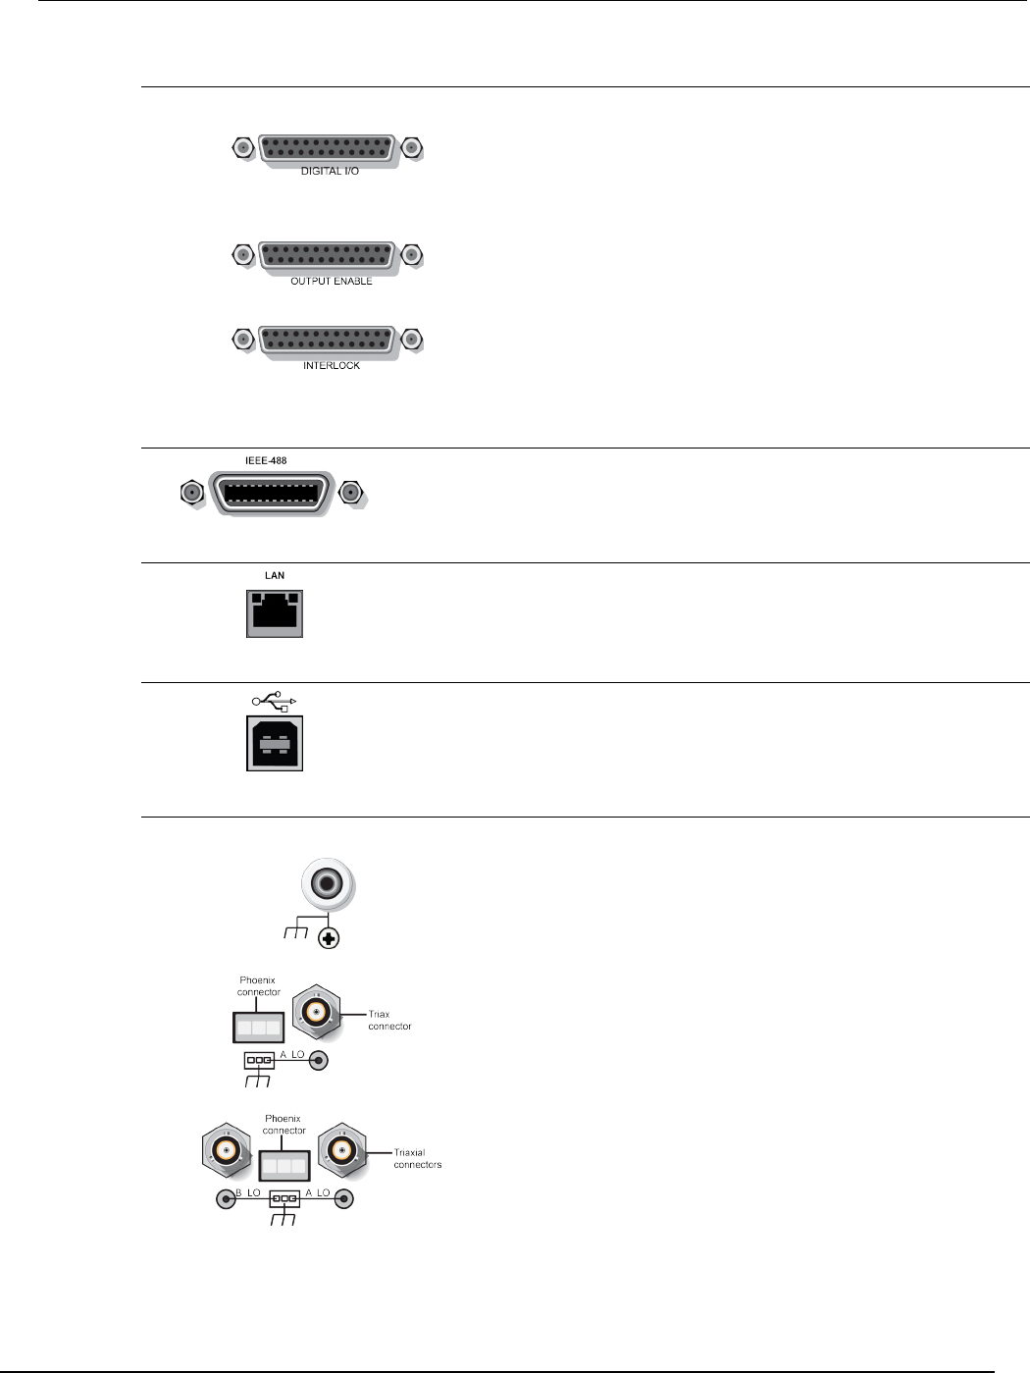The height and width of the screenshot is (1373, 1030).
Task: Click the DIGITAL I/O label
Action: [330, 172]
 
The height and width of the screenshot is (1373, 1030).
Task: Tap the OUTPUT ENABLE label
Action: [331, 282]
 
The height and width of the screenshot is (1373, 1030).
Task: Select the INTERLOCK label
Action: [331, 366]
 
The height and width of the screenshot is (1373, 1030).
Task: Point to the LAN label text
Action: [275, 575]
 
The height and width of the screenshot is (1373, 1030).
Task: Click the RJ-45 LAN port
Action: [275, 613]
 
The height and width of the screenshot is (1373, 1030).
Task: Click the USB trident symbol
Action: [274, 701]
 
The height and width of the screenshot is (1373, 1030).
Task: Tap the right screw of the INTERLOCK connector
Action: [413, 340]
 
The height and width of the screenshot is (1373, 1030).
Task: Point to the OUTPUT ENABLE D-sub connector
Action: [328, 256]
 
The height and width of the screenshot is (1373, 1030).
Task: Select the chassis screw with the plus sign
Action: [331, 939]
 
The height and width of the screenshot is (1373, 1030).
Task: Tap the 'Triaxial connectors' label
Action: [417, 1159]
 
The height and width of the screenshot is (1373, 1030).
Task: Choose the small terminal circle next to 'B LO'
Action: [227, 1199]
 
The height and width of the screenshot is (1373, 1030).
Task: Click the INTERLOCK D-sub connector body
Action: [328, 340]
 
